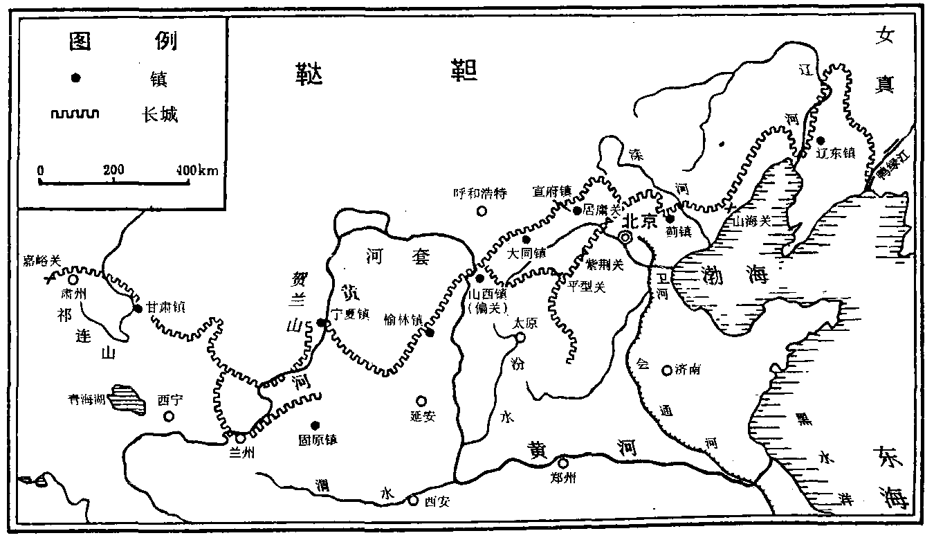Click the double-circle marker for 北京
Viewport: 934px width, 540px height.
click(625, 237)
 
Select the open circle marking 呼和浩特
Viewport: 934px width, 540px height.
click(482, 210)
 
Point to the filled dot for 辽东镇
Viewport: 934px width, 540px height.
click(821, 140)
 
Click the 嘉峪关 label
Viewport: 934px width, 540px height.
click(42, 260)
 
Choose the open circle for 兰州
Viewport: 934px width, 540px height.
click(240, 438)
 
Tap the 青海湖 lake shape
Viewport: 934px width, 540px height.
click(127, 397)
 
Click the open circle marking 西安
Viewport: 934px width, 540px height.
click(413, 501)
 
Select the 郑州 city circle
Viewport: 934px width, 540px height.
click(563, 464)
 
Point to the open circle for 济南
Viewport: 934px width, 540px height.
click(666, 370)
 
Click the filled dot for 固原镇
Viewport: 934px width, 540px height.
click(314, 425)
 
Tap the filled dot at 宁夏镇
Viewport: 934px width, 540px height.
click(321, 323)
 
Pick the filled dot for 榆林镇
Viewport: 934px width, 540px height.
click(430, 333)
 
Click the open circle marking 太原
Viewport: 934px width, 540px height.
click(520, 338)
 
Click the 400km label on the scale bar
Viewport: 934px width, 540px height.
click(200, 170)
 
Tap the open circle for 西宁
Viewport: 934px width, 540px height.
click(169, 416)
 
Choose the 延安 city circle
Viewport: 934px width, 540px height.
click(421, 401)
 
